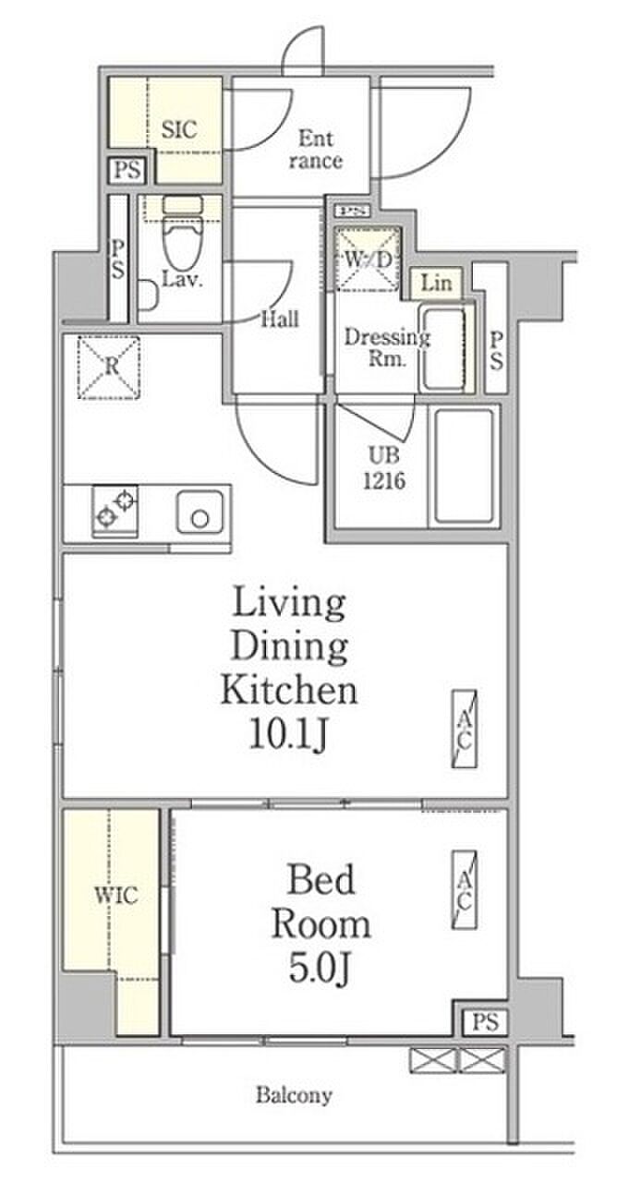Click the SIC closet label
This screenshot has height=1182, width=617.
click(x=179, y=129)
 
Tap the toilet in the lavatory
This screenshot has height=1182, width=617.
click(x=182, y=232)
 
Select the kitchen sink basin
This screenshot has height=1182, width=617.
click(x=200, y=512)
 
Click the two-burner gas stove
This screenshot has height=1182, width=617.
click(x=115, y=511)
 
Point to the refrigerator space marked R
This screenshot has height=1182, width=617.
click(x=109, y=368)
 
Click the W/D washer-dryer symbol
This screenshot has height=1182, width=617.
click(x=369, y=259)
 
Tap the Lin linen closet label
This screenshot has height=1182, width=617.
click(x=436, y=283)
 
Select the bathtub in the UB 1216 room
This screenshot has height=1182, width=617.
click(x=464, y=466)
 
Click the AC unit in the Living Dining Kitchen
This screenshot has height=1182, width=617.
click(x=464, y=729)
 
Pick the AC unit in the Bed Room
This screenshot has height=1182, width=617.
click(x=464, y=890)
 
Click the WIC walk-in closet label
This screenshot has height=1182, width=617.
click(x=116, y=895)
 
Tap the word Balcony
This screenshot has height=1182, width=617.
click(x=294, y=1095)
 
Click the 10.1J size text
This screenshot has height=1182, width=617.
click(x=289, y=734)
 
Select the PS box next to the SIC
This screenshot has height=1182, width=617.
click(x=127, y=171)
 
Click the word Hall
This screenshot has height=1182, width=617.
click(x=280, y=319)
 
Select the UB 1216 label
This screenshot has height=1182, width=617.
click(x=384, y=468)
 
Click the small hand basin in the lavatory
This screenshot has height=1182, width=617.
click(x=149, y=295)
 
